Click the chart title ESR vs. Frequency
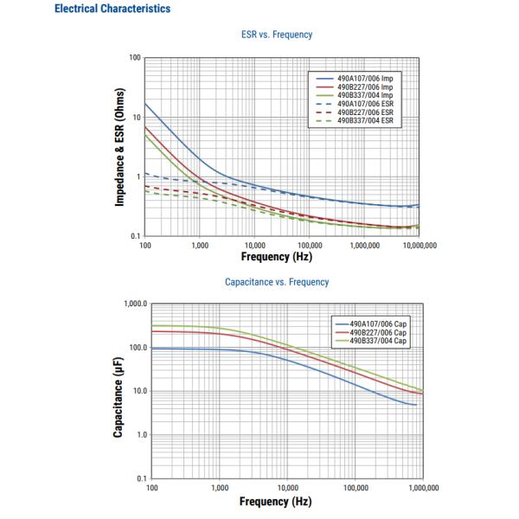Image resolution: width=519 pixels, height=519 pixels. click(276, 35)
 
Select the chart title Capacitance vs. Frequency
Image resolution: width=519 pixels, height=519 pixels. click(276, 282)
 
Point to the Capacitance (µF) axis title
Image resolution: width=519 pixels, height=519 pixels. click(118, 392)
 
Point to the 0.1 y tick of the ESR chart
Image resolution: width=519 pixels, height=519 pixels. click(135, 236)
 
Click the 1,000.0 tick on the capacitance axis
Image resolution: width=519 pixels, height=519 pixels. click(135, 304)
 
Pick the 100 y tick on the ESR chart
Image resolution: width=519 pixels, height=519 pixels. click(135, 58)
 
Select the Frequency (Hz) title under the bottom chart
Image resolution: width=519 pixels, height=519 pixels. click(276, 502)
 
